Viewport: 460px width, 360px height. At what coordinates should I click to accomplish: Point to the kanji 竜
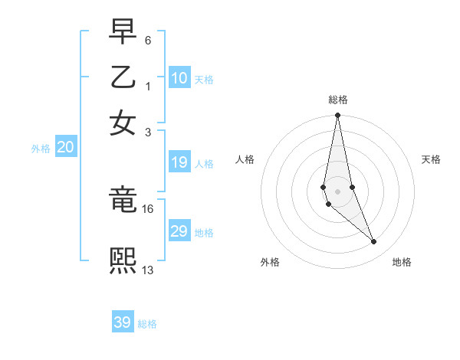pos(123,201)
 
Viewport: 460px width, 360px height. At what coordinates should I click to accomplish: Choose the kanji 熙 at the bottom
pos(123,261)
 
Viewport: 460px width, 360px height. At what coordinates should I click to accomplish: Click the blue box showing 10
pos(179,78)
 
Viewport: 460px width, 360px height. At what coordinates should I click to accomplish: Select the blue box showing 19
pos(179,162)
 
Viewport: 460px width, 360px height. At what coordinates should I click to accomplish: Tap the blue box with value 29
pos(179,231)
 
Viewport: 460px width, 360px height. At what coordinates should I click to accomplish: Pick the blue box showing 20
pos(66,148)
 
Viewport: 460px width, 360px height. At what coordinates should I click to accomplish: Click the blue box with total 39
pos(123,322)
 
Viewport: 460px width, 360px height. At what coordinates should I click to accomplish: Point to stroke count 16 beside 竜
pos(148,208)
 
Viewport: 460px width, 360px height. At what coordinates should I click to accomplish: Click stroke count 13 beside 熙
pos(148,270)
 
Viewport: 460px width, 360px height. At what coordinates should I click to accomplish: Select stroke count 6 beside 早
pos(148,39)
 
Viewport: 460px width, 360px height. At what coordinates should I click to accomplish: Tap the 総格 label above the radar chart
pos(338,100)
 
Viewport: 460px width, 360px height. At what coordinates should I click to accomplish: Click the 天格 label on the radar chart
pos(431,159)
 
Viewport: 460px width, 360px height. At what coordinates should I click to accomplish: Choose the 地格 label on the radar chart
pos(402,262)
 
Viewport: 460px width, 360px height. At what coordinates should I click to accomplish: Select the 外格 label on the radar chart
pos(270,262)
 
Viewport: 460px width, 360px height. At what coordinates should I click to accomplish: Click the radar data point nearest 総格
pos(338,116)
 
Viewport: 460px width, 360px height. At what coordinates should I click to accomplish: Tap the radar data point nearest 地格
pos(374,242)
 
